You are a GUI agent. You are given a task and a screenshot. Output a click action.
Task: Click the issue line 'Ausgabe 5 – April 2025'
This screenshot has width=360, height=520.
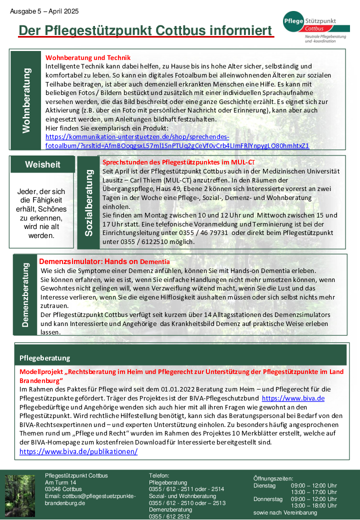(x=44, y=11)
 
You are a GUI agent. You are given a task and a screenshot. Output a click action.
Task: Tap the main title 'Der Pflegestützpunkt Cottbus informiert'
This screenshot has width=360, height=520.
(x=145, y=30)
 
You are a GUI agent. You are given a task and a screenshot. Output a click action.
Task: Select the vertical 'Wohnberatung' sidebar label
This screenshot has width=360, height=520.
(x=26, y=100)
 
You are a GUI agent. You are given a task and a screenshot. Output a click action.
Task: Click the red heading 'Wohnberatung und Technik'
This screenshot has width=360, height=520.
(x=88, y=57)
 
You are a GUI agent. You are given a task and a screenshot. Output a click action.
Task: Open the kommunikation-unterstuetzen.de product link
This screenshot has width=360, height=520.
(x=177, y=141)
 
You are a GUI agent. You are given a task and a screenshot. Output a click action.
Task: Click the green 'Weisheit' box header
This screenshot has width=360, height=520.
(x=42, y=164)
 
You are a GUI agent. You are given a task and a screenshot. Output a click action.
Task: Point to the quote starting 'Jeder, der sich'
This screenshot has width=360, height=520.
(x=41, y=213)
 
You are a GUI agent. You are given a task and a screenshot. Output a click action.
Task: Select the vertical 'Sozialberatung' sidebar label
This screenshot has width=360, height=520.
(x=89, y=202)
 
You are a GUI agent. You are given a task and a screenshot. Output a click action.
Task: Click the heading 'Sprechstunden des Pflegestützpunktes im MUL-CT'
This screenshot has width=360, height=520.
(x=178, y=162)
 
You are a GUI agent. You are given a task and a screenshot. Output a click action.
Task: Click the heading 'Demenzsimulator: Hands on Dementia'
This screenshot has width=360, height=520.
(x=104, y=261)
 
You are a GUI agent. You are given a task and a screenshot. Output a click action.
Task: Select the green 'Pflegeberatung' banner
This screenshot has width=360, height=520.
(x=180, y=357)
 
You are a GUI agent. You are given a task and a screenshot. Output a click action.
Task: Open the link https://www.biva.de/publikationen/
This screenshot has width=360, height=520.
(x=78, y=451)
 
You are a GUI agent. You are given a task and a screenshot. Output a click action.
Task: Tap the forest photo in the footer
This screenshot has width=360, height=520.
(x=20, y=495)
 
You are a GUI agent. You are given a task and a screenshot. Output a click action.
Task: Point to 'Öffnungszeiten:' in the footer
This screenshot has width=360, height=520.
(x=273, y=478)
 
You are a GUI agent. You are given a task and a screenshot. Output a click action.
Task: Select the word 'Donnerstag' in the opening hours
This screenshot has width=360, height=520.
(x=268, y=499)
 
